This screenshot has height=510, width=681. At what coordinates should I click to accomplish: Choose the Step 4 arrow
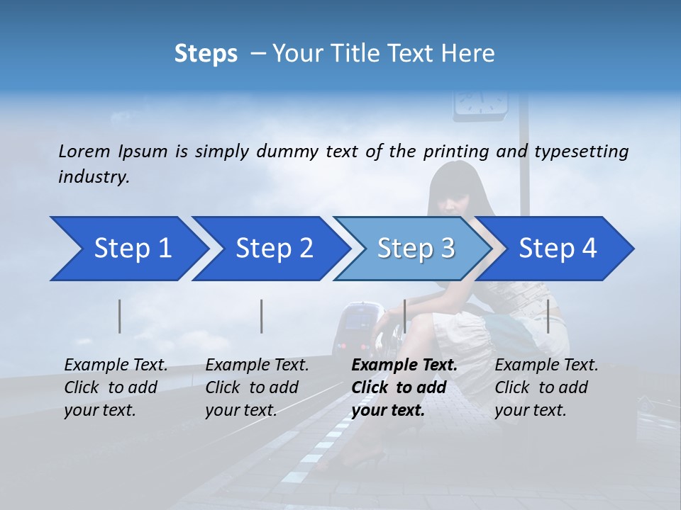pyautogui.click(x=558, y=249)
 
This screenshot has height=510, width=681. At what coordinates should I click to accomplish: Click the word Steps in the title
pyautogui.click(x=206, y=53)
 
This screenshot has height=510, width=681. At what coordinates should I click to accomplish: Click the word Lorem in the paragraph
pyautogui.click(x=84, y=151)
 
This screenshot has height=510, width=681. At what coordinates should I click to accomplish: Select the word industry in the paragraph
pyautogui.click(x=94, y=176)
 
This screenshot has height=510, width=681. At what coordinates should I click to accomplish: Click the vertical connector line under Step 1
pyautogui.click(x=120, y=316)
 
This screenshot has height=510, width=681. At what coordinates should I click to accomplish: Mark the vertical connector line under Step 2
pyautogui.click(x=262, y=316)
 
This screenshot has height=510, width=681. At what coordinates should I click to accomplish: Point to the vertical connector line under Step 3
pyautogui.click(x=404, y=316)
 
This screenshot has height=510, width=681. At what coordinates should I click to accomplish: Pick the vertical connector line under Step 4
pyautogui.click(x=548, y=316)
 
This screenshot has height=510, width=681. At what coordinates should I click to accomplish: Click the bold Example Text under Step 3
pyautogui.click(x=404, y=365)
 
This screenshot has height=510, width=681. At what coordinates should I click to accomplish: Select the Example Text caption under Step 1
pyautogui.click(x=116, y=365)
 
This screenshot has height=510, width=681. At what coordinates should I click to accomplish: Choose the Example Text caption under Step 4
pyautogui.click(x=546, y=365)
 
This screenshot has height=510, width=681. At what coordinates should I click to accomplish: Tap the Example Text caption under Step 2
pyautogui.click(x=258, y=365)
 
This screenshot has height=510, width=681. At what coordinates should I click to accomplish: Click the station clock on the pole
pyautogui.click(x=481, y=102)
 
